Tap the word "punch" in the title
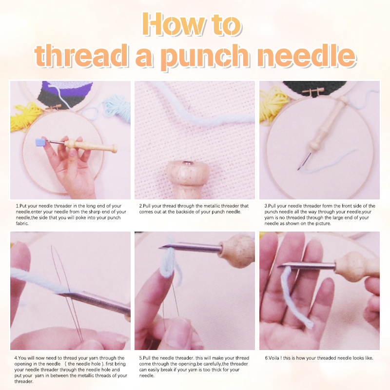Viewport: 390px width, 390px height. [x=205, y=57]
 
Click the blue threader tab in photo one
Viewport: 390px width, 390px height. [x=40, y=142]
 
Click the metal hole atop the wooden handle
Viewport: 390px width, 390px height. [x=187, y=163]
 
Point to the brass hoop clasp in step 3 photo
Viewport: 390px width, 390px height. [x=313, y=91]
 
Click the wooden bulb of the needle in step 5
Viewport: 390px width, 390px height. [x=237, y=251]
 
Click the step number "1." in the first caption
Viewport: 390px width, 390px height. [x=18, y=206]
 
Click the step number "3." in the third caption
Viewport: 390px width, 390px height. [x=266, y=206]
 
